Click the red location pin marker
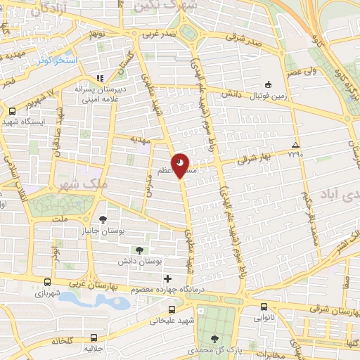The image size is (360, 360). (181, 166)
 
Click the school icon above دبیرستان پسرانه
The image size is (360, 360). (100, 77)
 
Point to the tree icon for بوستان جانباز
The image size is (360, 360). (103, 219)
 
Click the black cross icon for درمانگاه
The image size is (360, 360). (167, 279)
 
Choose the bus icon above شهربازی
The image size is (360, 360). (47, 281)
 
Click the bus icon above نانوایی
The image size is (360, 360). (264, 307)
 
